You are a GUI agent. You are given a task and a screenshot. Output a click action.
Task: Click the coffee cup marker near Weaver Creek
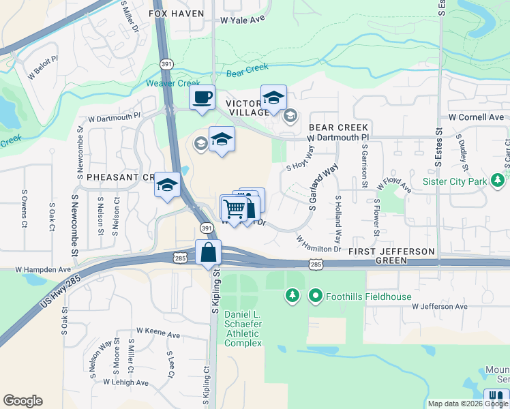point(202,97)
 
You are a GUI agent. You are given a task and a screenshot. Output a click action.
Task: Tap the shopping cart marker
point(233,208)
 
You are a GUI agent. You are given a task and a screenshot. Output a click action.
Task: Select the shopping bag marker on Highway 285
point(208,253)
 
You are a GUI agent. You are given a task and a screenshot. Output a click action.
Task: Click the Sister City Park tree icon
point(498,181)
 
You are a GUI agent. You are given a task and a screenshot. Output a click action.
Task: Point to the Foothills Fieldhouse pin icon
point(315,296)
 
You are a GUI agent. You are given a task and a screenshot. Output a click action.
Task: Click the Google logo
point(22,400)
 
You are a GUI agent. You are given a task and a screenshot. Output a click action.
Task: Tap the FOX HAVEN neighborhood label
point(168,13)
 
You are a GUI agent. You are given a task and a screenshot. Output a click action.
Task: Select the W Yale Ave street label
point(242,20)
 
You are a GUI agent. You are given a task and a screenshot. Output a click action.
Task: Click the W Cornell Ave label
point(476,117)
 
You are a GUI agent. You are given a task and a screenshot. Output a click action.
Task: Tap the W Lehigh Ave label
point(125,382)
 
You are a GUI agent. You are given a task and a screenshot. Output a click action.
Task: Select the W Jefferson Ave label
point(440,307)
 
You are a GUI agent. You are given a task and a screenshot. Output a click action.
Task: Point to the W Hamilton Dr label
point(318,244)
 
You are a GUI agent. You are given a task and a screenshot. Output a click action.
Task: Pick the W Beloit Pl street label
point(42,69)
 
